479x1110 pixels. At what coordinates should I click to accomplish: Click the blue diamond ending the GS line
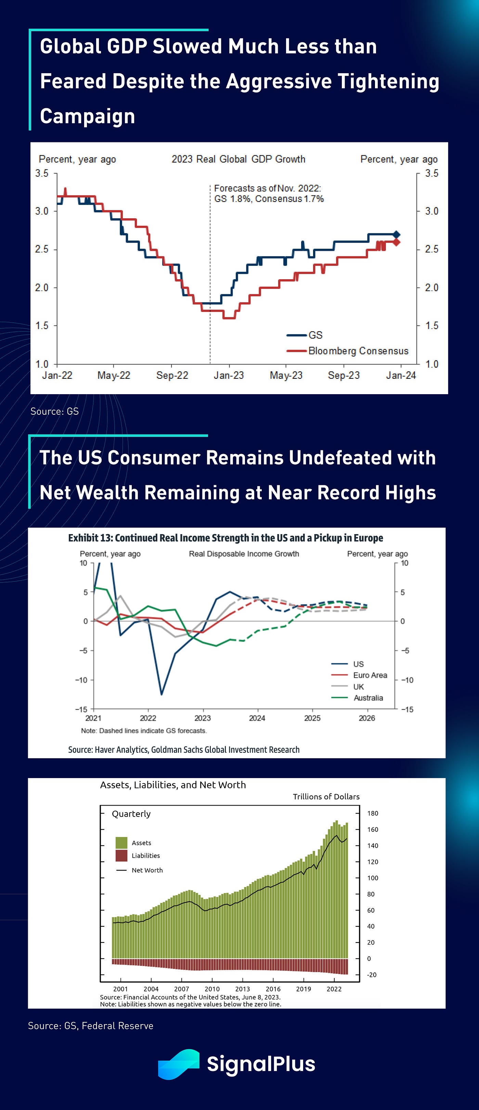[x=396, y=234]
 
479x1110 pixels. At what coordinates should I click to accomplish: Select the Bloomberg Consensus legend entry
[x=358, y=351]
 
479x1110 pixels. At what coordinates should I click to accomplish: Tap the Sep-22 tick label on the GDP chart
[x=172, y=375]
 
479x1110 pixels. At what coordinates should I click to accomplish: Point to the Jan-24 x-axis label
[x=401, y=375]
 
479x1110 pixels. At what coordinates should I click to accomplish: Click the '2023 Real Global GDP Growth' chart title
[x=238, y=159]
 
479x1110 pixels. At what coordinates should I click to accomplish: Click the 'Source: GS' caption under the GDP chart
[x=55, y=411]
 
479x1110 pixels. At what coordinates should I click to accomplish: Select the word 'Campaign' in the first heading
[x=88, y=116]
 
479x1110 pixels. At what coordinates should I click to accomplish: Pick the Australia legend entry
[x=368, y=698]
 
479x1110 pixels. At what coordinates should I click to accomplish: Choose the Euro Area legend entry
[x=370, y=675]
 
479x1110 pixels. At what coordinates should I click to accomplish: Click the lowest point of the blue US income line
[x=161, y=694]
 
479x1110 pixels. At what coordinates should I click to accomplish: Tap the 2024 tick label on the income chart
[x=257, y=718]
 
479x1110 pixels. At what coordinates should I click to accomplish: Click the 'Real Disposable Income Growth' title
[x=244, y=554]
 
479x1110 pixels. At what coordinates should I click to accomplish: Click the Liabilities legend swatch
[x=121, y=855]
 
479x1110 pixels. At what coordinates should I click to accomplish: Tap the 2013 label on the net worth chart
[x=243, y=989]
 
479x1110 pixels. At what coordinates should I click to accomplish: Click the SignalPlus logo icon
[x=178, y=1064]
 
